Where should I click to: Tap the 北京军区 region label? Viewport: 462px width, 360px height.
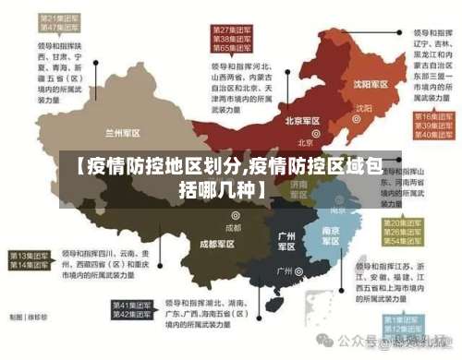coord(301,121)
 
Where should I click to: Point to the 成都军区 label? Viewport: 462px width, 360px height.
coord(217,244)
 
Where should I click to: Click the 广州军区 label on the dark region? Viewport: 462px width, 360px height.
coord(286,242)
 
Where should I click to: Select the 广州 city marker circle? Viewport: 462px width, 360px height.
coord(298,271)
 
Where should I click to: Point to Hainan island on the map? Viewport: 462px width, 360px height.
coord(274,302)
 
